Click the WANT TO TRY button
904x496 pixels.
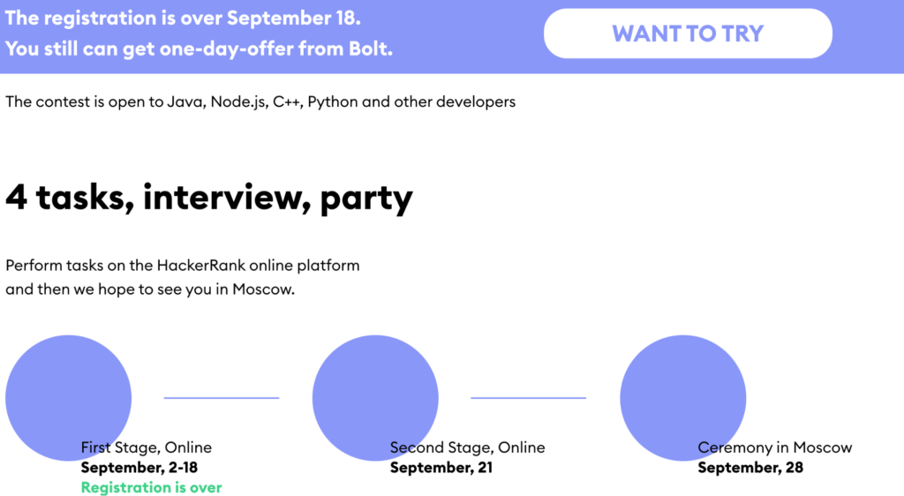tap(688, 34)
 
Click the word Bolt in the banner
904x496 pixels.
tap(368, 49)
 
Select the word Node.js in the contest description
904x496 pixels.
tap(237, 101)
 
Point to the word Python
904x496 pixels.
tap(333, 102)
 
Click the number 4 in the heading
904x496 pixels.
tap(16, 198)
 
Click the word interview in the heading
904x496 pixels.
tap(222, 197)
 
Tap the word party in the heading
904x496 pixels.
tap(366, 199)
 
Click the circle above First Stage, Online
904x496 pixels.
tap(69, 397)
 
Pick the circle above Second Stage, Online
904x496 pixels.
tap(375, 397)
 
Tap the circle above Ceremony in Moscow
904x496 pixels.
tap(683, 397)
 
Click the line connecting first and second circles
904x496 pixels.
tap(222, 397)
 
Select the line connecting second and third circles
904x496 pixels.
tap(528, 397)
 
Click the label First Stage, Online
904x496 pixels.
tap(146, 447)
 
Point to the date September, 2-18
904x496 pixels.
tap(139, 467)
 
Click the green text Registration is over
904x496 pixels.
tap(151, 487)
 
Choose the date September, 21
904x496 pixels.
tap(441, 467)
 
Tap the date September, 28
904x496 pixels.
tap(750, 467)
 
